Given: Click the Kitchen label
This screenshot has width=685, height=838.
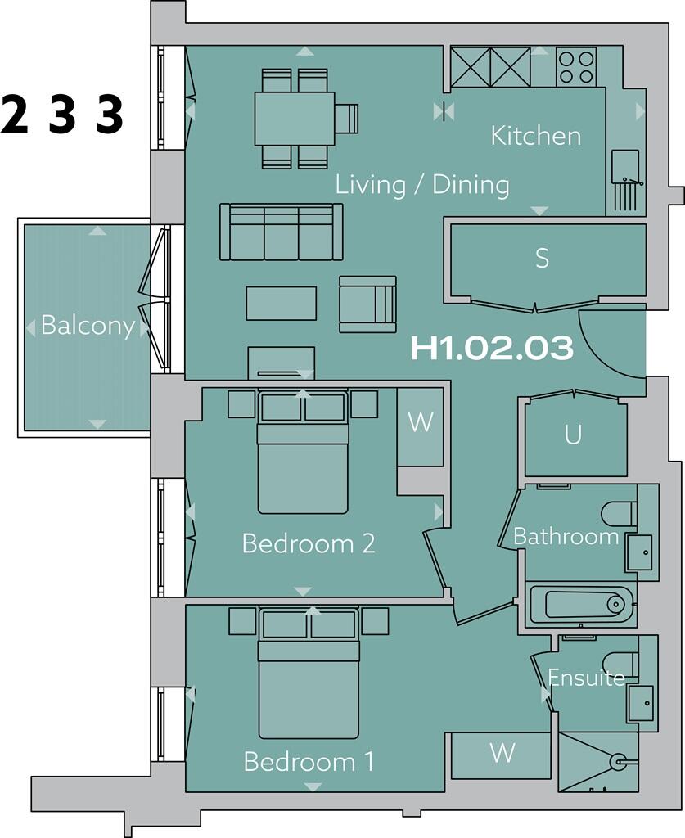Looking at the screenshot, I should pos(536,136).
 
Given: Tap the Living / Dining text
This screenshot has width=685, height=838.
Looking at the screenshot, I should pos(422,185).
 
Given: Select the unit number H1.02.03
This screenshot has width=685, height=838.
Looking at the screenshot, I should pos(491,349).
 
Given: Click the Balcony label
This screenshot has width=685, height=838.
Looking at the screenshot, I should pos(88,326).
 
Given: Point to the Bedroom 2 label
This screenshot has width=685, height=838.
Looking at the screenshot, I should pos(309,543).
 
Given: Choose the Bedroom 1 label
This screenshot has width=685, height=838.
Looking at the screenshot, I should pos(309,763).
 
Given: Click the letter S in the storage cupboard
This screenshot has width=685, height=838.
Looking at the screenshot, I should pos(542,259).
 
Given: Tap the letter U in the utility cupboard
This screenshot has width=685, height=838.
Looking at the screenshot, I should pos(573,435).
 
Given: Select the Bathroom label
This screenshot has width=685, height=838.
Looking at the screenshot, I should pos(566,537).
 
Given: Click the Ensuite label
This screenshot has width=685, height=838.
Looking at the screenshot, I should pos(586,678).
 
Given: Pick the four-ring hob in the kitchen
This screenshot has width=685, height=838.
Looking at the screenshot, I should pos(576,66).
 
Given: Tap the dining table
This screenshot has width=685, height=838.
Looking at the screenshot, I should pos(295,119).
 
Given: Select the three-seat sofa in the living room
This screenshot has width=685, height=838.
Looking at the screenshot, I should pos(281,232).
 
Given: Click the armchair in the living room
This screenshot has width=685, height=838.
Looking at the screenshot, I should pos(367,304).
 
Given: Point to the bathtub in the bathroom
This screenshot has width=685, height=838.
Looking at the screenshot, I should pos(579,605).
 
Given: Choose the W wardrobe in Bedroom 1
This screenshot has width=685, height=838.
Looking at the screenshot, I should pos(501,753).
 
